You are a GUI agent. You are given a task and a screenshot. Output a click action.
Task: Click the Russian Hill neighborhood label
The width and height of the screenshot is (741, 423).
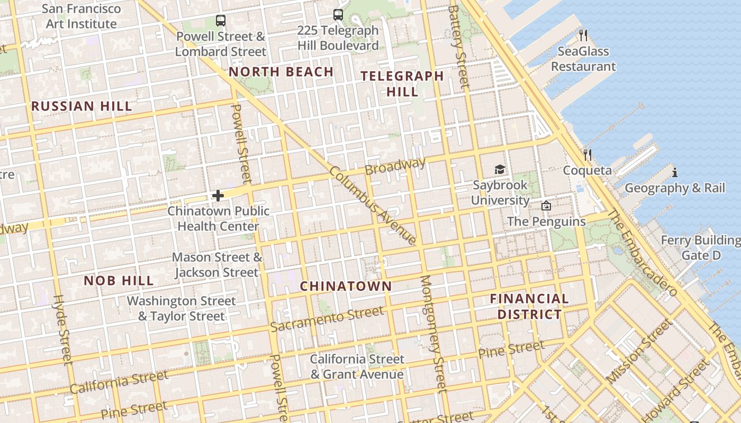coord(82,106)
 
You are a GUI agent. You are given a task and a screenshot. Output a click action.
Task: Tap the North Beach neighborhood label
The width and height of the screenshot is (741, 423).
coord(281,72)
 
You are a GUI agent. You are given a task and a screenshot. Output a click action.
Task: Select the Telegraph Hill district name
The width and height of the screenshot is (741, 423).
coord(402,84)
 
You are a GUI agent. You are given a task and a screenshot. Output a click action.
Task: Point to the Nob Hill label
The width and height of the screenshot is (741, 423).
coord(119,281)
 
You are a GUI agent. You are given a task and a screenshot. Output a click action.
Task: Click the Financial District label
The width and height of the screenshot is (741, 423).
coord(529,307)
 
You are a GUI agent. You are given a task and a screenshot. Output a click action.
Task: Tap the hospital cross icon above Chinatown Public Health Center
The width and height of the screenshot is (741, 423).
coord(218,196)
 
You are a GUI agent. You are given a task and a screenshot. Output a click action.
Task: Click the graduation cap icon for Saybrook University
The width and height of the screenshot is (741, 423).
coord(500,170)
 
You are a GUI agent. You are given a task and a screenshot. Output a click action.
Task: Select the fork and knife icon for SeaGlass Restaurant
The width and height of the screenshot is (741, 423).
coord(583,35)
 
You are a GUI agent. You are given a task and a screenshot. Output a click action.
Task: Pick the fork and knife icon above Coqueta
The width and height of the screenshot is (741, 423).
coord(587,155)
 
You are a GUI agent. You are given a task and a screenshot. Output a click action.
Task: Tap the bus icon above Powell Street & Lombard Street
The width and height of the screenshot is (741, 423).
coord(221,21)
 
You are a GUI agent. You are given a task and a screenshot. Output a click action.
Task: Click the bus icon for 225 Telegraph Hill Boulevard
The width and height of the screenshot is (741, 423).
coord(338,15)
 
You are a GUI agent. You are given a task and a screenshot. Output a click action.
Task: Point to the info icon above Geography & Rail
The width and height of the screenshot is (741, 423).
coord(674,172)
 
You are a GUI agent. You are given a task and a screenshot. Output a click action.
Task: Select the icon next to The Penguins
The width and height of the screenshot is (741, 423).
coord(546,206)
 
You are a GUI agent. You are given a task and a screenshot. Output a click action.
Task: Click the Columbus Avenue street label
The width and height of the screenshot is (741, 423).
coord(373,206)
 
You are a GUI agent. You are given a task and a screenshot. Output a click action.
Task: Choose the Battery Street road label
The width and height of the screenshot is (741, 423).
coord(458,47)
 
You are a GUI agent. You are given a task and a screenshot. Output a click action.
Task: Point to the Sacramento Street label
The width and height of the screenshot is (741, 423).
coord(327,318)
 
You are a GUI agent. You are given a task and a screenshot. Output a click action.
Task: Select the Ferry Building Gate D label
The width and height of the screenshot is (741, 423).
coord(701,248)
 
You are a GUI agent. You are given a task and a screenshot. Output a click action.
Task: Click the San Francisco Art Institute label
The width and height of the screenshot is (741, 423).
coord(81,16)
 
